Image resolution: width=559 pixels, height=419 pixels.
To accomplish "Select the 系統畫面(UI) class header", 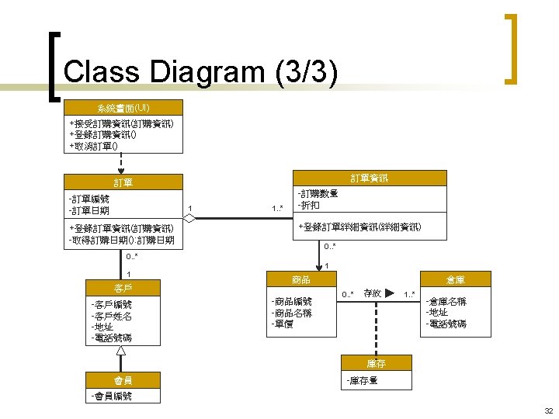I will (123, 108).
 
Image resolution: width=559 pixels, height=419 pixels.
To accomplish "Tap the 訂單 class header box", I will (123, 182).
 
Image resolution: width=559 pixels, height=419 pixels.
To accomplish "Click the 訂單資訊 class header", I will (369, 178).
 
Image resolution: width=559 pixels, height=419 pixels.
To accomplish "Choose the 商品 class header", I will (301, 279).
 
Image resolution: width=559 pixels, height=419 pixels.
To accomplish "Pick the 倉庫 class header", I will (455, 279).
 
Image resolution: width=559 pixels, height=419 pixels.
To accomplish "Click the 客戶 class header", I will (123, 289).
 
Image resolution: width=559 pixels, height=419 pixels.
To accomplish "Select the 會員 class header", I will (123, 380).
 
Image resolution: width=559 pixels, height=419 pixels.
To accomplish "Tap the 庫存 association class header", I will (377, 363).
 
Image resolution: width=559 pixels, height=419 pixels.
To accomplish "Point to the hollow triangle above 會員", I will (121, 351).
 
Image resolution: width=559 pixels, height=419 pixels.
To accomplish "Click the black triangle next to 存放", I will (389, 293).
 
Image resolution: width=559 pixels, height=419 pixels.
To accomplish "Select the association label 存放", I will (371, 293).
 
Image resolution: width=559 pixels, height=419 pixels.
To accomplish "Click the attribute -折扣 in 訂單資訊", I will (307, 206).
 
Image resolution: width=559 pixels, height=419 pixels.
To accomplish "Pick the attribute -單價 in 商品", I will (283, 324).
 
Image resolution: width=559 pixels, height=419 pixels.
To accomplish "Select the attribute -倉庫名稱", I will (446, 302).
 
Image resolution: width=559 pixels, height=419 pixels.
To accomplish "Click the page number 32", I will (548, 410).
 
